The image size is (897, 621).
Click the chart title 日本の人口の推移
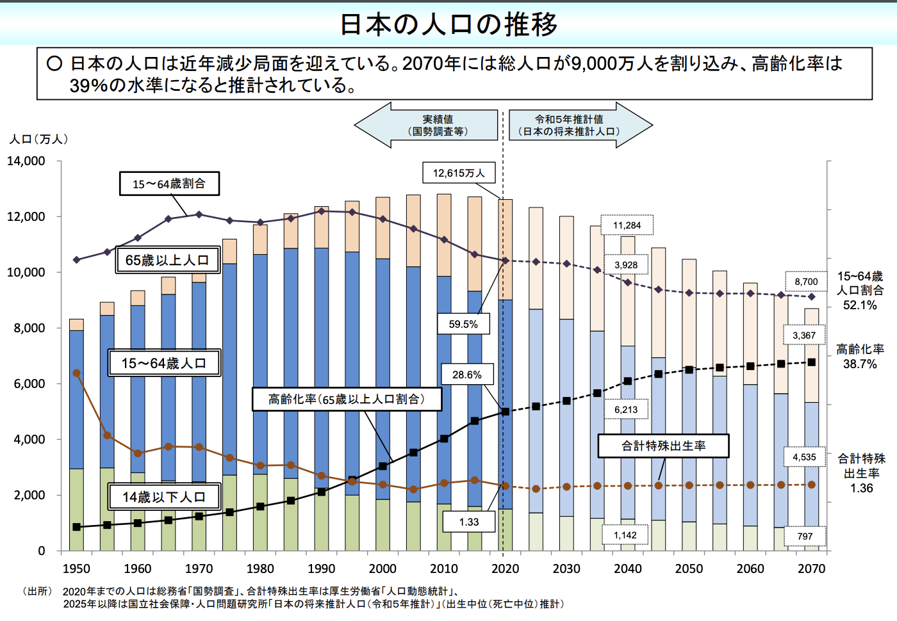pos(448,24)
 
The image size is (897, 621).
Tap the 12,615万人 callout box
pos(459,173)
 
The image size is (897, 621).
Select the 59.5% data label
pos(463,324)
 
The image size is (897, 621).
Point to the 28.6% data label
pos(466,375)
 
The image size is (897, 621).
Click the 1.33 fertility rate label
pos(469,522)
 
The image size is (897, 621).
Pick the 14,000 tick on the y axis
pos(26,161)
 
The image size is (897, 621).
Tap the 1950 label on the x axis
pos(76,569)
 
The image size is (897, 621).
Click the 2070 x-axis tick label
pos(811,569)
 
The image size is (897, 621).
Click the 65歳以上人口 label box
pos(167,261)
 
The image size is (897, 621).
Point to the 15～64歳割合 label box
pos(169,184)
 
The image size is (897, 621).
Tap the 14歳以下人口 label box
pos(164,497)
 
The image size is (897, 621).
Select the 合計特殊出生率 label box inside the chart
pos(663,446)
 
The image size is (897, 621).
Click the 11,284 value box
pos(627,225)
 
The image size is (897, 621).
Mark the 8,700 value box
pos(806,282)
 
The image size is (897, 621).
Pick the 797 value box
pos(805,536)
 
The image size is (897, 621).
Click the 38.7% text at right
pos(860,364)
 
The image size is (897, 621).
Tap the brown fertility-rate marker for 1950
pos(77,373)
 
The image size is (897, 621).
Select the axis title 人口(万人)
pos(38,139)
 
